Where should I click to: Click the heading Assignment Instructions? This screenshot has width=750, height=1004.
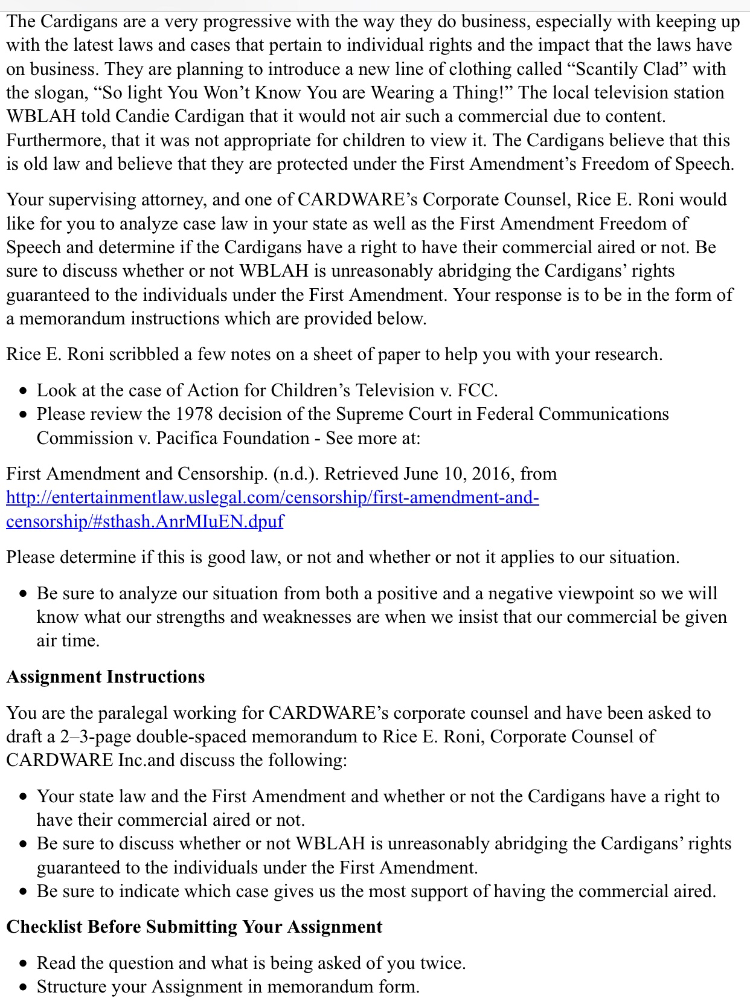(x=106, y=677)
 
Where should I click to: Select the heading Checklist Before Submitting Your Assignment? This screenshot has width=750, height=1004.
(x=194, y=927)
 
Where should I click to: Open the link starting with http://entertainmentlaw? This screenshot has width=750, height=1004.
(x=272, y=498)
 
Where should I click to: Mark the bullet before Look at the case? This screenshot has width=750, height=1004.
(x=23, y=391)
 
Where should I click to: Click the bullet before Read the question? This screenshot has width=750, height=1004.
(x=23, y=964)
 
